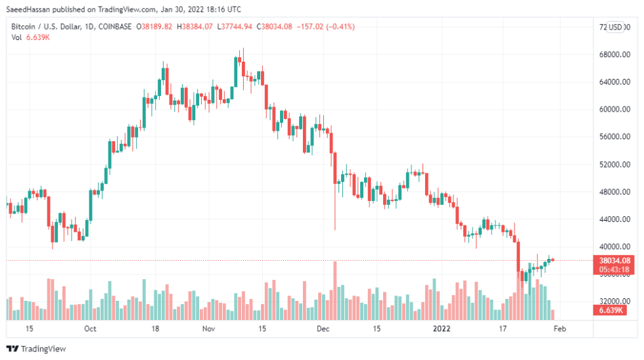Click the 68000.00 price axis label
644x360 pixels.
click(x=614, y=55)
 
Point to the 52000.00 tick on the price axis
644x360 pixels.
click(x=614, y=164)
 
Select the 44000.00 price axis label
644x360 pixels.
click(x=614, y=219)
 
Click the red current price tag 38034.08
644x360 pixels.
click(x=614, y=260)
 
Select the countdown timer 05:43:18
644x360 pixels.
click(x=614, y=269)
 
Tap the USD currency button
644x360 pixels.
click(x=616, y=27)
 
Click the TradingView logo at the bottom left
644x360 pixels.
click(x=36, y=349)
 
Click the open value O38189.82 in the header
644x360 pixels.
click(x=154, y=27)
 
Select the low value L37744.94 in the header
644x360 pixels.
click(x=235, y=27)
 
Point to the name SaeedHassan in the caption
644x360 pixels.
click(x=30, y=9)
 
